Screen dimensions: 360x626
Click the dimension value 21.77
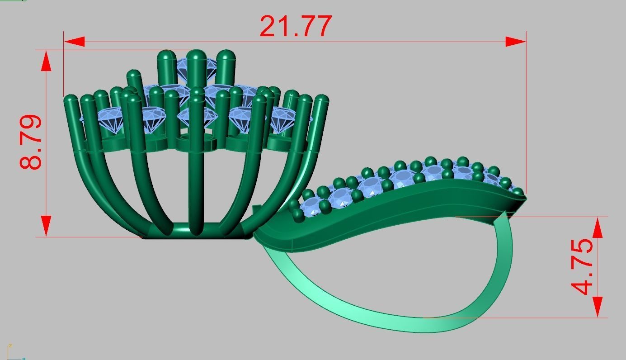296,26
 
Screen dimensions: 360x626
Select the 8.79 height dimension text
31,142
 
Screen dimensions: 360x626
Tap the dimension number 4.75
583,267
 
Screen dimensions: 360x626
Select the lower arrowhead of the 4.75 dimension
597,307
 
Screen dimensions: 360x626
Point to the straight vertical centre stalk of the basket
196,190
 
